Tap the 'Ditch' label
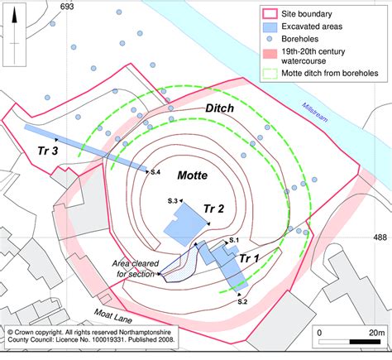tap(218, 110)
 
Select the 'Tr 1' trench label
tap(250, 259)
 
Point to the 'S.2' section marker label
tap(242, 302)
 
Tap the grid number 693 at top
tap(67, 5)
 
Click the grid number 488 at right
tap(380, 237)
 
